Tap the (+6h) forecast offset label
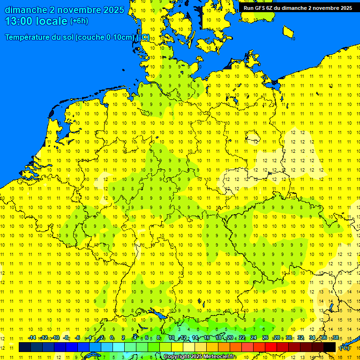[79, 21]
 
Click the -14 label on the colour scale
[32, 337]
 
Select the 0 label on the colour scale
[112, 337]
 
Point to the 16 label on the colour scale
[207, 337]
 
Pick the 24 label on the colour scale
[254, 337]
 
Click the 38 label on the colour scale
[336, 337]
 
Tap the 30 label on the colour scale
[289, 337]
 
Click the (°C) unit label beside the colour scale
[345, 348]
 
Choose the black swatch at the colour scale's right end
[330, 347]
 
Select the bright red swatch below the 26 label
[271, 347]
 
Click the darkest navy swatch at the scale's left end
[25, 347]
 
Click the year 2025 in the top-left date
[113, 10]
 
